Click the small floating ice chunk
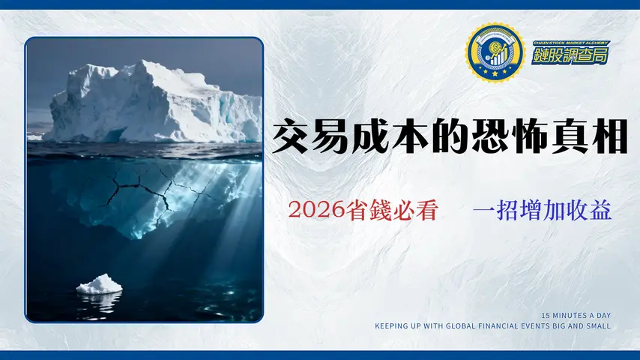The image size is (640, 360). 99,284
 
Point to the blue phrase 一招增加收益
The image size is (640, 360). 542,211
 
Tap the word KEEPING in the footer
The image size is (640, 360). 390,326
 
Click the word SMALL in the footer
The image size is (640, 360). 600,326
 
